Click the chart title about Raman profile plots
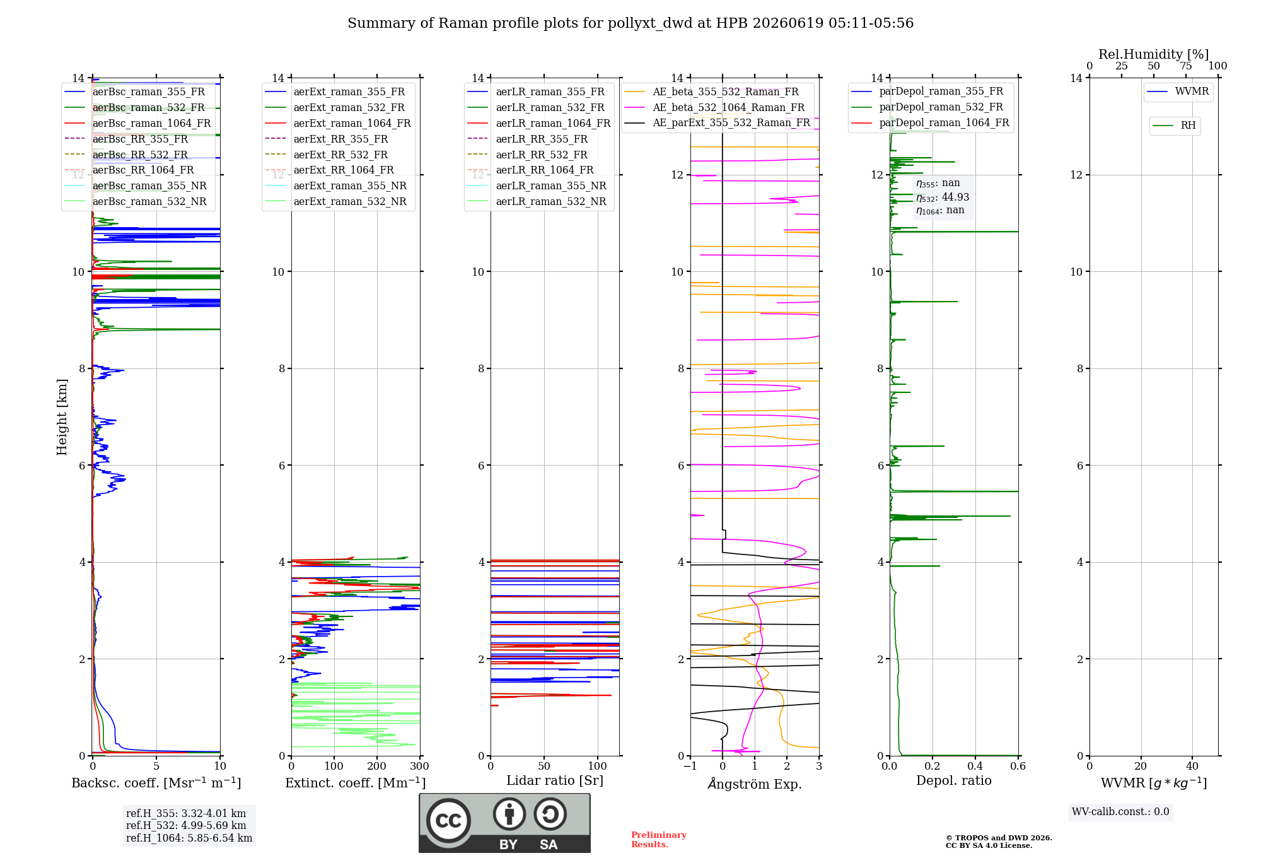pos(630,23)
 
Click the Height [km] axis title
pos(62,417)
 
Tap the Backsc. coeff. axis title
pos(156,783)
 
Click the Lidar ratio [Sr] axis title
pos(555,781)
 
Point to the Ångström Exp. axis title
pos(755,784)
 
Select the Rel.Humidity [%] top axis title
pos(1154,54)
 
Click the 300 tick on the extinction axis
pos(419,767)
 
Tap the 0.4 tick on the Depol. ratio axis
pos(975,767)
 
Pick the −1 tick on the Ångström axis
pos(690,767)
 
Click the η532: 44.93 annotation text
pos(943,197)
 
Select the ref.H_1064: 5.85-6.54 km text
pos(189,838)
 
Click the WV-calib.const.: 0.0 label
pos(1120,812)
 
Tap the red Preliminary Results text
pos(659,840)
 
